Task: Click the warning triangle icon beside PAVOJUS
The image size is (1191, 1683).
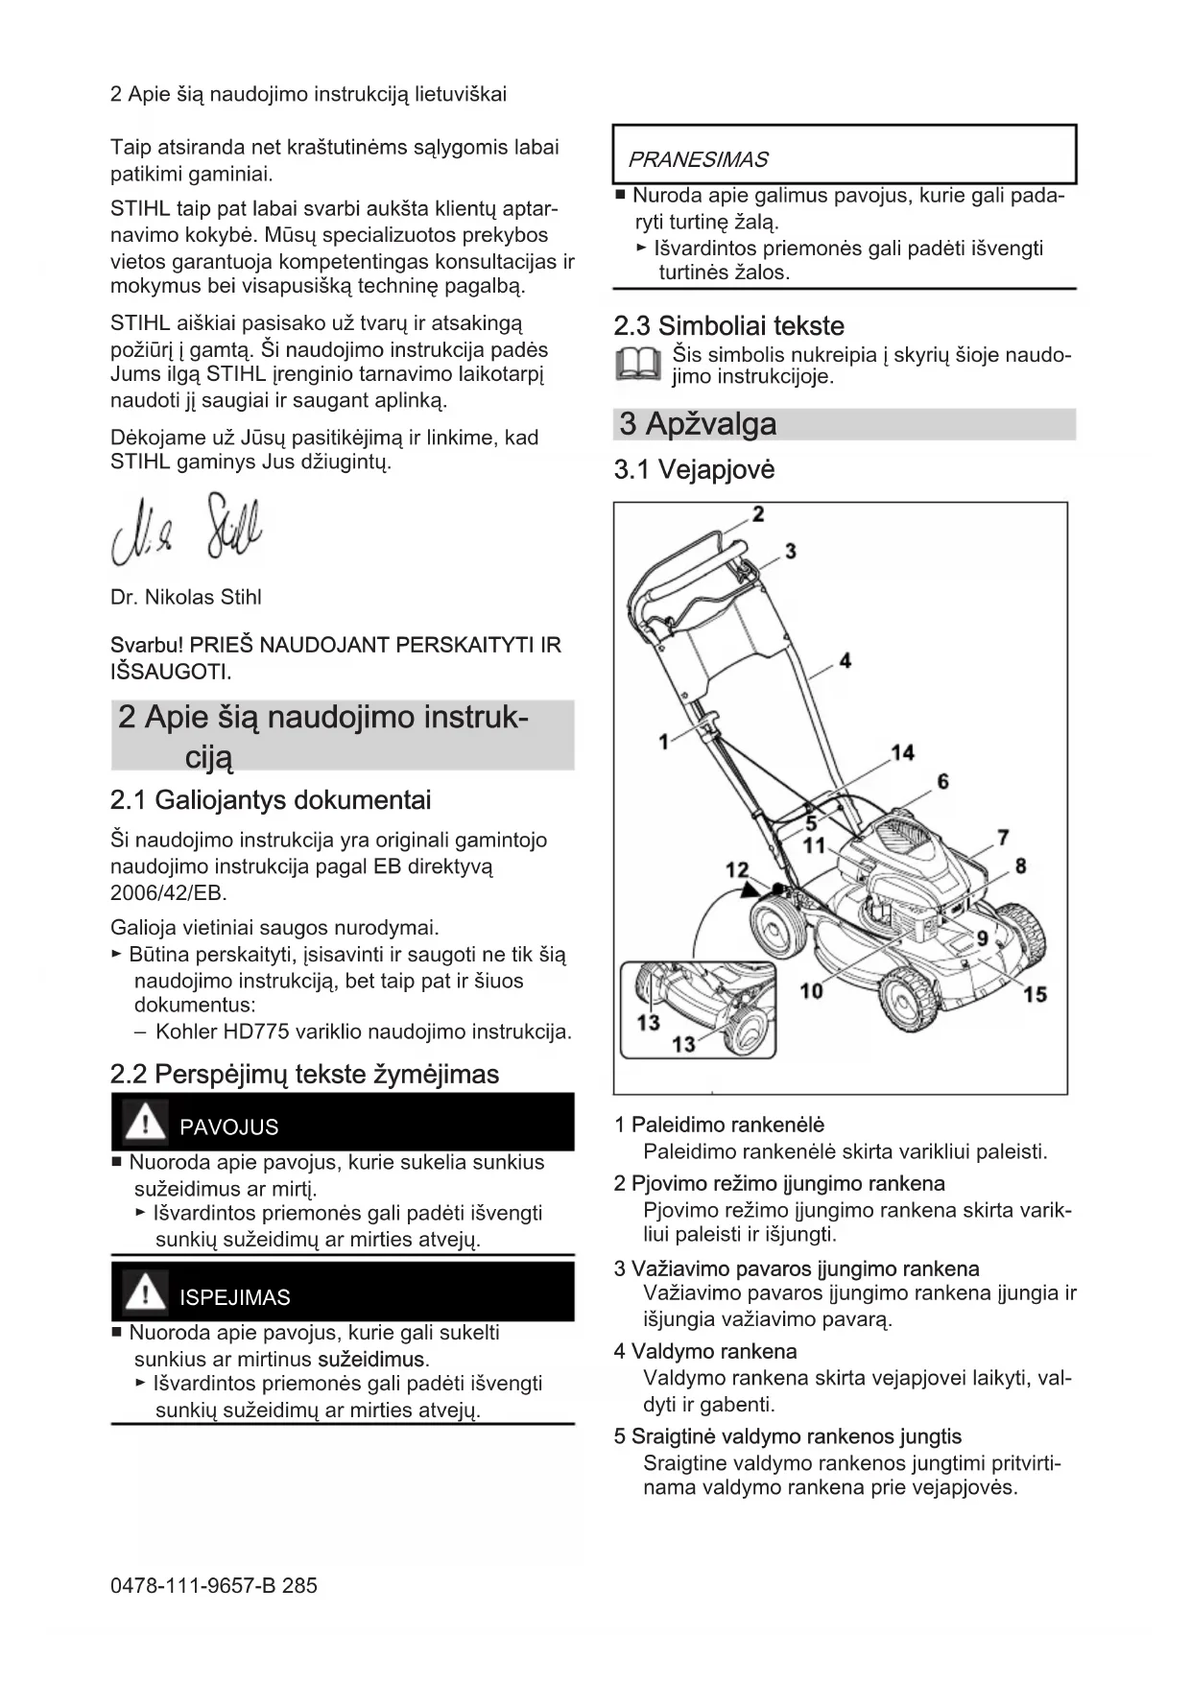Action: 145,1123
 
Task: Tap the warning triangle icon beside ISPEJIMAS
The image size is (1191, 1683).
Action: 145,1292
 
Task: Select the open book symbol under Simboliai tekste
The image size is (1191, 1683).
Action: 637,365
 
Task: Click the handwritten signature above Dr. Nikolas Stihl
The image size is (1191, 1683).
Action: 187,529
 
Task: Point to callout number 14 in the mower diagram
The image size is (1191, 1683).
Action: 902,753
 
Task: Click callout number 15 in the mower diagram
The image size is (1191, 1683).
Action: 1035,994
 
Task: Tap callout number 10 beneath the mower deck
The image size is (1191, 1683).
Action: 812,990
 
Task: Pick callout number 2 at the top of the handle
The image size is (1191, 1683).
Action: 758,514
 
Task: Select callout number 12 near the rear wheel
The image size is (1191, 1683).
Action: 737,870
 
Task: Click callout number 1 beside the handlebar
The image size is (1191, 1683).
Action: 663,741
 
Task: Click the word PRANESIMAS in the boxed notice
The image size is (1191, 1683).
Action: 698,159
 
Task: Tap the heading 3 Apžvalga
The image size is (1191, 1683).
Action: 698,424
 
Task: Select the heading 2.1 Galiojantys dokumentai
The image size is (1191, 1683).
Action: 271,800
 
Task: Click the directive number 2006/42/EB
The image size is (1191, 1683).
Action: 168,893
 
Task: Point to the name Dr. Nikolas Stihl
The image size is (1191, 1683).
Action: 186,597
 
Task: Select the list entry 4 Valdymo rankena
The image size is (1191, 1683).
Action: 705,1352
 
